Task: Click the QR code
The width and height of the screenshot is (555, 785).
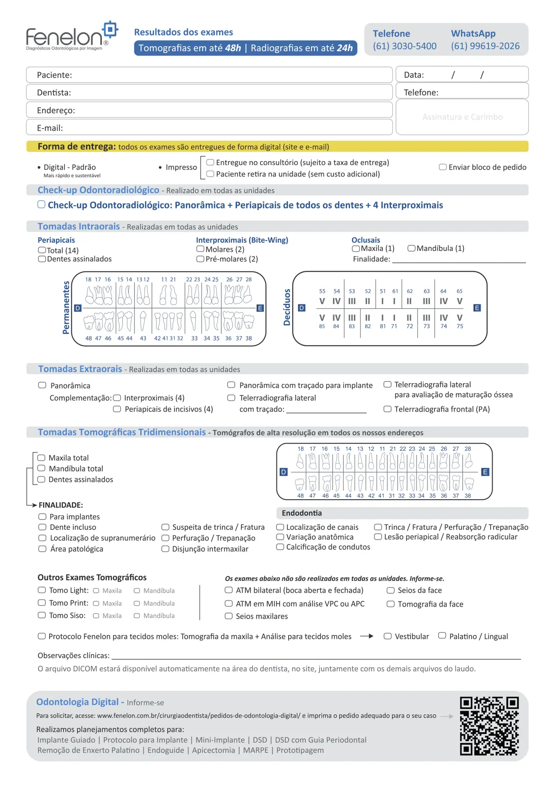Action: pyautogui.click(x=489, y=726)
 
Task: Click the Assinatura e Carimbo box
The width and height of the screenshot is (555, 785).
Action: pyautogui.click(x=462, y=117)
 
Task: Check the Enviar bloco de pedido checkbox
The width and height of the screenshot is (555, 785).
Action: pyautogui.click(x=442, y=167)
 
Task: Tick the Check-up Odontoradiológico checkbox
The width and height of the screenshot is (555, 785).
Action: pyautogui.click(x=41, y=204)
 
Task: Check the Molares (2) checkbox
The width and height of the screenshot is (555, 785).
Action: pyautogui.click(x=200, y=249)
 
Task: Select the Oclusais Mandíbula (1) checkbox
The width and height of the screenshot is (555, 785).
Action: pyautogui.click(x=411, y=248)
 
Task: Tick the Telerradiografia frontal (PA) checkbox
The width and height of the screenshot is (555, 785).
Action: pyautogui.click(x=387, y=409)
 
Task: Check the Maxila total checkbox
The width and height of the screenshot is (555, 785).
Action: pyautogui.click(x=41, y=458)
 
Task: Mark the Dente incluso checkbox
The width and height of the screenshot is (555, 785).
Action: pyautogui.click(x=42, y=527)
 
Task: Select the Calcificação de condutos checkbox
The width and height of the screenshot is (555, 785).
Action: pyautogui.click(x=280, y=547)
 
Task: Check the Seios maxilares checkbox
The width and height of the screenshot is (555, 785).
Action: pyautogui.click(x=228, y=616)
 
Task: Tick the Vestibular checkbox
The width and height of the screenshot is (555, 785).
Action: pyautogui.click(x=387, y=636)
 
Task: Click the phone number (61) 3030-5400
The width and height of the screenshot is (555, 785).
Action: pyautogui.click(x=404, y=46)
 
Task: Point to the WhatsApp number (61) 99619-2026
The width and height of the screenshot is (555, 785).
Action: pyautogui.click(x=485, y=46)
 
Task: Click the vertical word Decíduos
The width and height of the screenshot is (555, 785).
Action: pyautogui.click(x=287, y=307)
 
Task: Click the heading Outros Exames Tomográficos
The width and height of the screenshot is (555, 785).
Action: pyautogui.click(x=92, y=577)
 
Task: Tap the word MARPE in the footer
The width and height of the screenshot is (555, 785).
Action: pyautogui.click(x=255, y=750)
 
